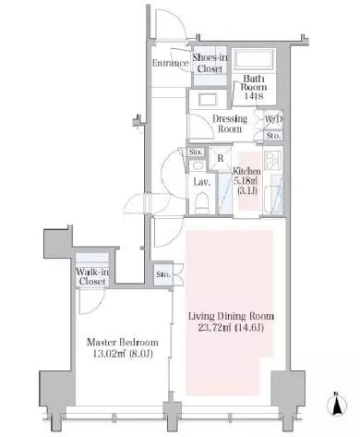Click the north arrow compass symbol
338,404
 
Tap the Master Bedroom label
123,342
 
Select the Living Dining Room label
231,316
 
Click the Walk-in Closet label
92,276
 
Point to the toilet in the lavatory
202,202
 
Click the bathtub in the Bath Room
254,61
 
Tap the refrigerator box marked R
221,158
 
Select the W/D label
273,119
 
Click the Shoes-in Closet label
210,63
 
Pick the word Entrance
170,63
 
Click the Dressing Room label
230,124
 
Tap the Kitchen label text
246,171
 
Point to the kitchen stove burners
272,160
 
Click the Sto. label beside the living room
162,274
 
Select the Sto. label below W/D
273,136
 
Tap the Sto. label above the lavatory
196,152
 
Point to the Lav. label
202,182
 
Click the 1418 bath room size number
254,96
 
